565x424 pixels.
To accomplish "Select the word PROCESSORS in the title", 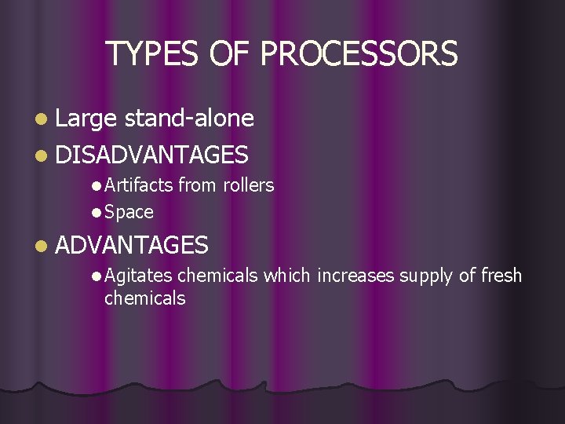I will (359, 53).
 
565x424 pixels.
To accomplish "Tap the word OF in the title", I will (232, 53).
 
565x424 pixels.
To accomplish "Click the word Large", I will (86, 119).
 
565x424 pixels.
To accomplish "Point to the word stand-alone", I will (189, 119).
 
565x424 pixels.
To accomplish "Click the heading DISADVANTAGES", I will (152, 155).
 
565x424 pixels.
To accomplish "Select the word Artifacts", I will (138, 185).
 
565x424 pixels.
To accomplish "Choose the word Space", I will (129, 212).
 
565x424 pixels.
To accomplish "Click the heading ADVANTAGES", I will (132, 246).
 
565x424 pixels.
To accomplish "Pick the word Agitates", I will (139, 276).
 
